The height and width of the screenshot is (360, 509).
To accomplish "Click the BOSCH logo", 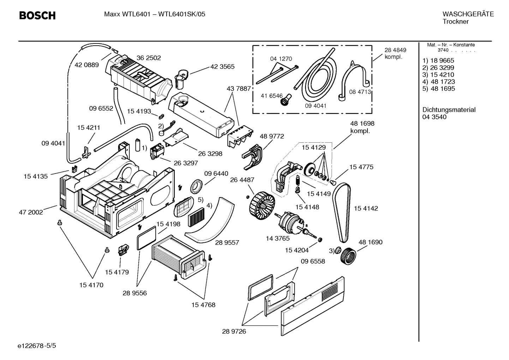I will (x=37, y=16).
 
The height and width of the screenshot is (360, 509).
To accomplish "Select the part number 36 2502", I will (x=149, y=58).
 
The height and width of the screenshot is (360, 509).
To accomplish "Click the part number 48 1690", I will (x=370, y=242).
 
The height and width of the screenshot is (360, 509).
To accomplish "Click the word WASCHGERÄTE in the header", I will (x=468, y=14).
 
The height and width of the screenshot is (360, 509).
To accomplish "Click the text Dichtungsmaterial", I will (x=449, y=110).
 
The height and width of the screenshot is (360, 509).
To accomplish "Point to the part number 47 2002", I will (x=31, y=212).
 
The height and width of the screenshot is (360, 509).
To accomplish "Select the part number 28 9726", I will (x=234, y=331).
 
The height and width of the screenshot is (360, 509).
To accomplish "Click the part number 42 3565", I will (x=222, y=66).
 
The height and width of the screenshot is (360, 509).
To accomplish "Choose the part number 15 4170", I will (x=91, y=285).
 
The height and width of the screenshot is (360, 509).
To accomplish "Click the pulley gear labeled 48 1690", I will (x=348, y=255).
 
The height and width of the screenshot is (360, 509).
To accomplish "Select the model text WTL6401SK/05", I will (x=181, y=14).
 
